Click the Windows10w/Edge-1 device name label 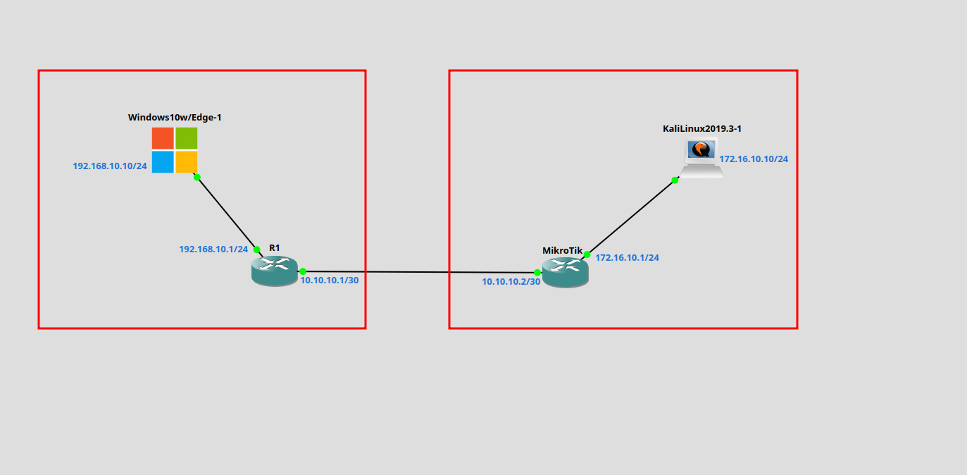point(175,117)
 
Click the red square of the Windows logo point(163,138)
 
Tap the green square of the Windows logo point(187,138)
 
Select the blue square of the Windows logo point(163,162)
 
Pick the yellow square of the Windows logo point(187,162)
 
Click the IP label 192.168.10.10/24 point(110,166)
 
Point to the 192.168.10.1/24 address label point(213,249)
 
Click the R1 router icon point(275,271)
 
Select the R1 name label point(275,247)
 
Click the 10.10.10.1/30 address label point(330,280)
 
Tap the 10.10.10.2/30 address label point(511,281)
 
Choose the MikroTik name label point(562,250)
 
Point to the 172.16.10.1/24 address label point(628,258)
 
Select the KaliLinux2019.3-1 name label point(702,128)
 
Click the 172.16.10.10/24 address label point(754,159)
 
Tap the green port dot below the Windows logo point(197,177)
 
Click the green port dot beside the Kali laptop point(675,180)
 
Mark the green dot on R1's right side point(303,271)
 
